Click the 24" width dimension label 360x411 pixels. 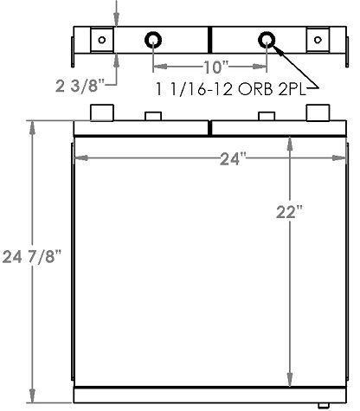(232, 157)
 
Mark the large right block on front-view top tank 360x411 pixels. (318, 112)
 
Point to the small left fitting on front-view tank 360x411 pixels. (153, 116)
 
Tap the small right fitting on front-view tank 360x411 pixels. (267, 116)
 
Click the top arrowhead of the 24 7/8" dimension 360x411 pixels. (34, 123)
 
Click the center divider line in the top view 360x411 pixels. (210, 40)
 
